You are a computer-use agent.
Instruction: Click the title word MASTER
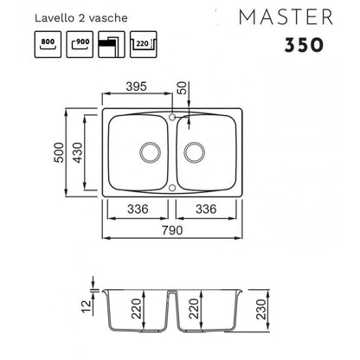coord(286,17)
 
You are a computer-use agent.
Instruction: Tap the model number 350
coord(304,45)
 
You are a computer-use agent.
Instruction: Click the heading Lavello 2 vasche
coord(81,18)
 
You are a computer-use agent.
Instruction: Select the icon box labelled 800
coord(48,44)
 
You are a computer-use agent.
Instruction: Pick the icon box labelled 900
coord(80,44)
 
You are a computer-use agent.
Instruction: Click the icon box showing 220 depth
coord(144,44)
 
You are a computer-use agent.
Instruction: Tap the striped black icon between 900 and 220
coord(112,44)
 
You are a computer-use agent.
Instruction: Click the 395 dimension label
coord(137,87)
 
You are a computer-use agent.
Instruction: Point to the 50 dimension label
coord(183,87)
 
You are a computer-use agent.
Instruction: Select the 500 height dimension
coord(60,152)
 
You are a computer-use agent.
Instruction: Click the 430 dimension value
coord(78,152)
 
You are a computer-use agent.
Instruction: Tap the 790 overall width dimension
coord(172,230)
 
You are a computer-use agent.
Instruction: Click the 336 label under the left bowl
coord(138,209)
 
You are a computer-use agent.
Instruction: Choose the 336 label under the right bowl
coord(206,209)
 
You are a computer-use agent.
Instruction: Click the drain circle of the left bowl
coord(150,152)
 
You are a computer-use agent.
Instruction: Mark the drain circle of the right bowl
coord(195,152)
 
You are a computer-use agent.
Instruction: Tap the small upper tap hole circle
coord(172,117)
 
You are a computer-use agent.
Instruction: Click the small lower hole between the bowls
coord(172,188)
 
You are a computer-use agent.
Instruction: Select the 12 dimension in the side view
coord(87,307)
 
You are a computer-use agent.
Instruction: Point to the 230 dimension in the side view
coord(261,309)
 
